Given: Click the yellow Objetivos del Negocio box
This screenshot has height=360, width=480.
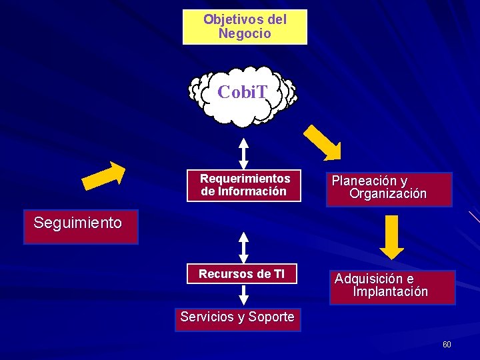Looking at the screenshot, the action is pos(245,27).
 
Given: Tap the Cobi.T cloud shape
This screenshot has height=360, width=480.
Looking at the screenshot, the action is pos(243,95).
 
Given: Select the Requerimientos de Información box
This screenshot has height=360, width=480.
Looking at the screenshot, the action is pos(245,185).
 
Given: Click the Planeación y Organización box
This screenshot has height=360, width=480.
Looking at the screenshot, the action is pos(389,189).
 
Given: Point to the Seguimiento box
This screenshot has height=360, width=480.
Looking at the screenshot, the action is pos(81,227).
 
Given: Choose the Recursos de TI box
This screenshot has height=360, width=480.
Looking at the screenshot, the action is pos(241,274).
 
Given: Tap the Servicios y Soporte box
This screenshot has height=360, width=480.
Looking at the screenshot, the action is pos(237,318).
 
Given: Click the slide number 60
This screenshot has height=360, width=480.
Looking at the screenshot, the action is pos(447,345).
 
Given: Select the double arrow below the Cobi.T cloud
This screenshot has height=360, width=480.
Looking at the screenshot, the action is pos(244,153).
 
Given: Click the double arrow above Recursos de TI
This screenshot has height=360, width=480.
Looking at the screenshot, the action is pos(244,247).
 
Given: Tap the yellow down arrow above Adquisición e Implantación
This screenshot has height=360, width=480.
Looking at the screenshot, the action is pos(392,237).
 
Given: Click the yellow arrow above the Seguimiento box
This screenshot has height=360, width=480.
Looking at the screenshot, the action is pos(104,174).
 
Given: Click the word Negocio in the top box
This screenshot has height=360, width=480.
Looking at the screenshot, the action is pos(245,33).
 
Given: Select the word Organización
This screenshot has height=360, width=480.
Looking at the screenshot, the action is pos(388,195).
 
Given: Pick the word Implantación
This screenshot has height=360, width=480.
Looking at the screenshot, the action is pos(391,292).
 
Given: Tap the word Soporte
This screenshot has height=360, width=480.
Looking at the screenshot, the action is pos(271,317).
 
